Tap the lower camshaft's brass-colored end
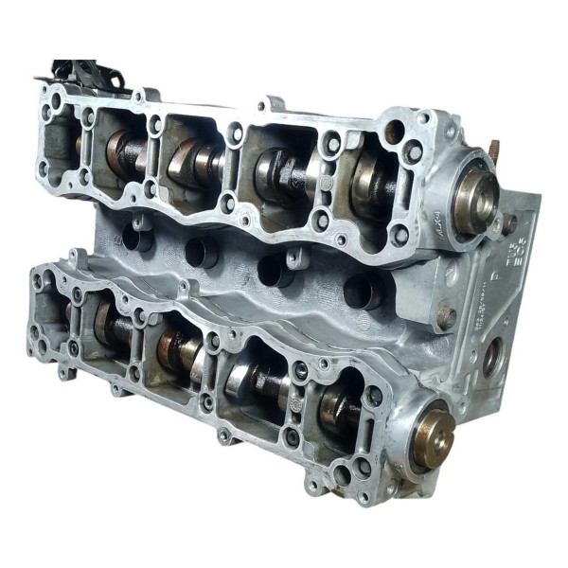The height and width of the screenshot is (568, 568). point(435,438)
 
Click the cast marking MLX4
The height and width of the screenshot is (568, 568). point(411,223)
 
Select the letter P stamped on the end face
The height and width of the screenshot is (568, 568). point(494,264)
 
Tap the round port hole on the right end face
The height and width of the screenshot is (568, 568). point(491,359)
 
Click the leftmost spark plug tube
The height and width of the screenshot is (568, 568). point(139,239)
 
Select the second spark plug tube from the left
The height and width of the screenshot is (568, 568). point(202,252)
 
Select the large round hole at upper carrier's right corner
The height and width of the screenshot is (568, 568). point(394,132)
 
